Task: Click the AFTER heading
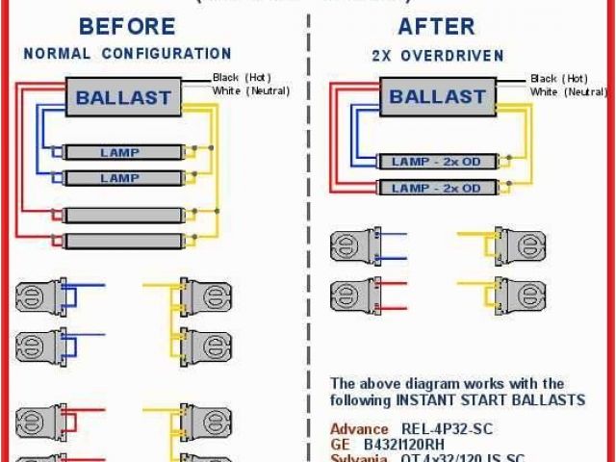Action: pyautogui.click(x=437, y=26)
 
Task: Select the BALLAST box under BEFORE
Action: pyautogui.click(x=123, y=96)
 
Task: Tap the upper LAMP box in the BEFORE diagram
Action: pyautogui.click(x=120, y=152)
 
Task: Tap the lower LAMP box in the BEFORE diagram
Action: pyautogui.click(x=120, y=178)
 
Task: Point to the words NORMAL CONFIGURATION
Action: pyautogui.click(x=127, y=54)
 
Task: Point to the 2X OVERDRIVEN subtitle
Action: pyautogui.click(x=438, y=56)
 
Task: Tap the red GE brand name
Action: pyautogui.click(x=341, y=444)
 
